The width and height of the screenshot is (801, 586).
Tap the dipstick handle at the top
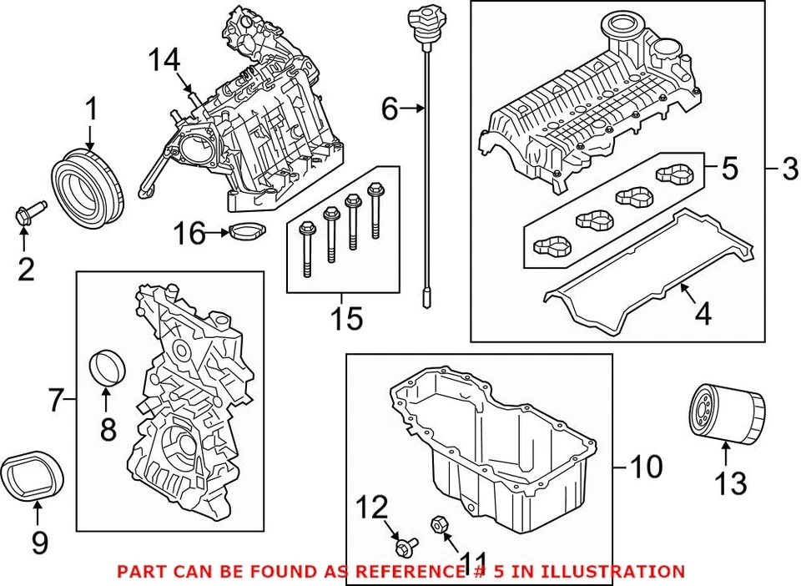click(420, 18)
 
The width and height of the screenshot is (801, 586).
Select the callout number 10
click(646, 466)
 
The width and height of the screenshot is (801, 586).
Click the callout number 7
click(56, 402)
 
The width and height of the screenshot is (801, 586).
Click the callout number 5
click(728, 169)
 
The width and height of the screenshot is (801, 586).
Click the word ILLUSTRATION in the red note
click(612, 572)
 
